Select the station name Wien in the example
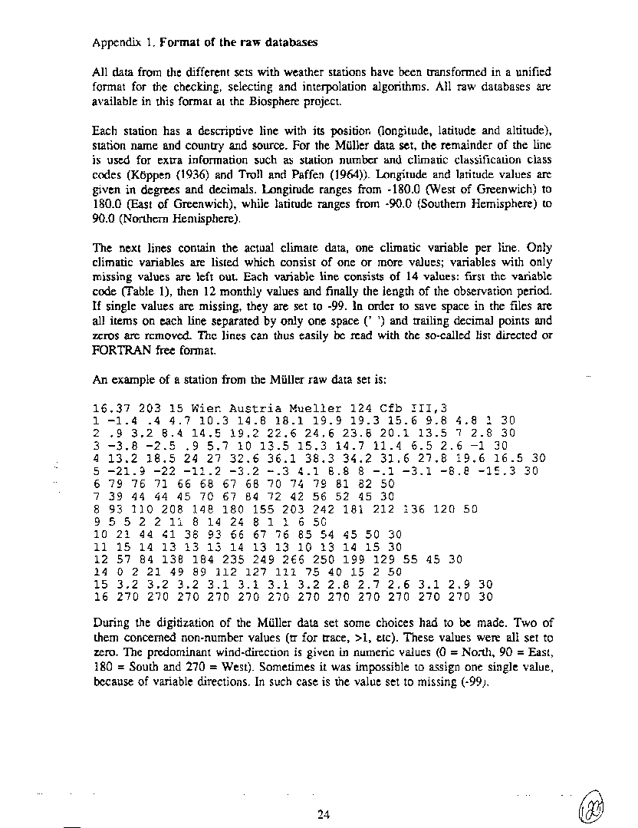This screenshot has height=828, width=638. coord(186,408)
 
